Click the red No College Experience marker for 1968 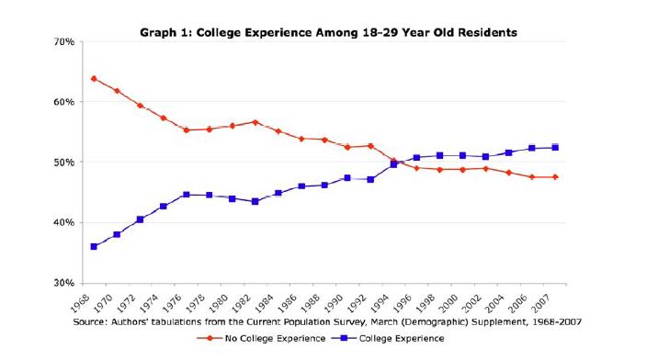[x=94, y=79]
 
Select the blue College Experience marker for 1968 [x=94, y=246]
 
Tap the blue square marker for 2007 [x=555, y=147]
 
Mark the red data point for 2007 [x=555, y=177]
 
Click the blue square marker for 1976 [x=186, y=195]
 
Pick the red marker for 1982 [x=255, y=122]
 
